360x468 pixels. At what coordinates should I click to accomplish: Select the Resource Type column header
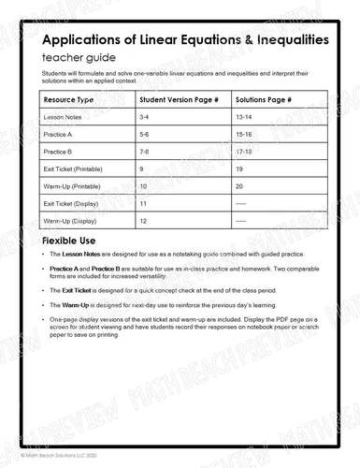(69, 99)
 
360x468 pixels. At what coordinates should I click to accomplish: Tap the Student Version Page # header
(180, 99)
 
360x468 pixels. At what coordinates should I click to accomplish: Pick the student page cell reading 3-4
(145, 118)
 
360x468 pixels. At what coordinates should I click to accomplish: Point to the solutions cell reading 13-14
(244, 118)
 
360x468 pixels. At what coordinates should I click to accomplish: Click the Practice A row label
(59, 135)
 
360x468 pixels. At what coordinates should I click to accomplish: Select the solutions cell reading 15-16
(244, 135)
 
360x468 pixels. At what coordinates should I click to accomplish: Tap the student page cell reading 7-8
(145, 152)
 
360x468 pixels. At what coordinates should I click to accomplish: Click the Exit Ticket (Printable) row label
(72, 168)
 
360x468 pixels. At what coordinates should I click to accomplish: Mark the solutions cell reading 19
(239, 168)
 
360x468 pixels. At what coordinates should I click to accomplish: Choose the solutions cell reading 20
(239, 185)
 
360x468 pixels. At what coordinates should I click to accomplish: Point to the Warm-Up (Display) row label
(70, 220)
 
